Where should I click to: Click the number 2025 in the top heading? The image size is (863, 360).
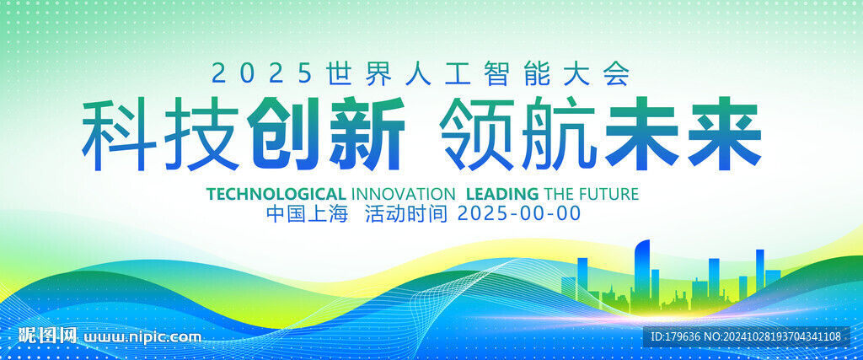pos(262,73)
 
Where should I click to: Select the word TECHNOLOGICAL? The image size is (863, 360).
pos(276,194)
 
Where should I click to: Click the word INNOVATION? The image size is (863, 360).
pos(403,194)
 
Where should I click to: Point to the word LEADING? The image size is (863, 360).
pos(502,194)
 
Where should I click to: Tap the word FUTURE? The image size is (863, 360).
pos(610,194)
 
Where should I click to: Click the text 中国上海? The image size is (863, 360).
pos(307,213)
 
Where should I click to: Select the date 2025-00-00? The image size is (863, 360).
pos(519,213)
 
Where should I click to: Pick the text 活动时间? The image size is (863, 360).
pos(406,213)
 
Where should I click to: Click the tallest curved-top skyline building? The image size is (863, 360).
pos(641,272)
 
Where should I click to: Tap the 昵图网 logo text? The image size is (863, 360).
pos(47,335)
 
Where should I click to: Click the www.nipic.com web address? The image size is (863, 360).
pos(142,336)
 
